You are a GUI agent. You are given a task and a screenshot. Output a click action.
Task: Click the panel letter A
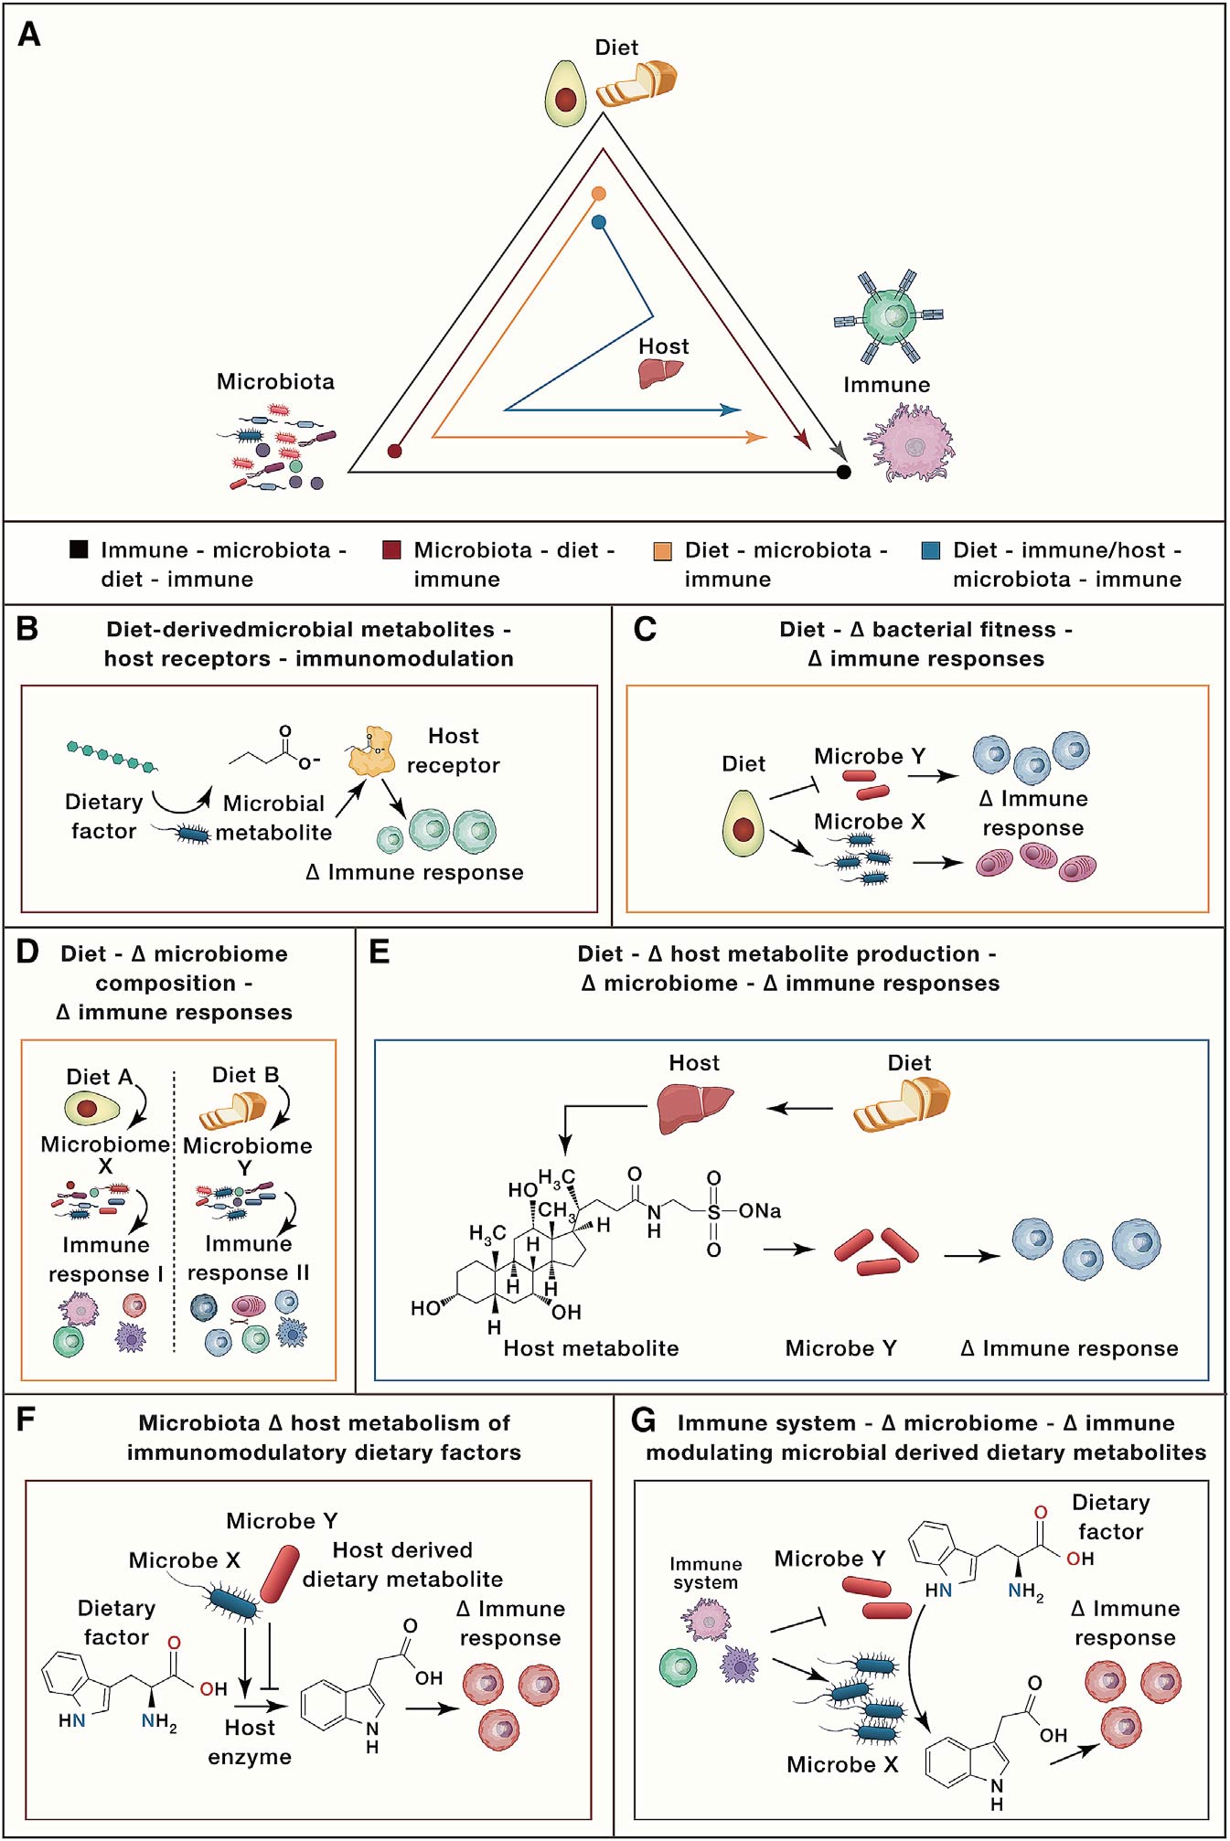[x=29, y=35]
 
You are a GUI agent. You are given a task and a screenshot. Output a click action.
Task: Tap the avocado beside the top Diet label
[x=565, y=93]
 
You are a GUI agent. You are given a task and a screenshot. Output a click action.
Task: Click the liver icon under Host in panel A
[x=660, y=372]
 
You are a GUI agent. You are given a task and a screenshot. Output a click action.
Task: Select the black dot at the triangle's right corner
[x=844, y=472]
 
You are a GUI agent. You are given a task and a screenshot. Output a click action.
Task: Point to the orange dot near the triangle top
[x=599, y=194]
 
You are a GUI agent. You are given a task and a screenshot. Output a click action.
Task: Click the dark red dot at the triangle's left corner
[x=394, y=451]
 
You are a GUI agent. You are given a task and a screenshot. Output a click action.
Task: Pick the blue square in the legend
[x=931, y=550]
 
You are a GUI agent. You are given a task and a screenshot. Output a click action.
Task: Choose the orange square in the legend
[x=663, y=550]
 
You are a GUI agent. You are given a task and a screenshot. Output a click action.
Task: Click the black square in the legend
[x=80, y=549]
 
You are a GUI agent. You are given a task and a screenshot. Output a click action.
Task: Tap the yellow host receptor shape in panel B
[x=371, y=752]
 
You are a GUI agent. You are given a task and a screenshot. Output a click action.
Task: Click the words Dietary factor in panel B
[x=103, y=816]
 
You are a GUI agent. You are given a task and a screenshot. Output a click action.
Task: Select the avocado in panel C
[x=743, y=824]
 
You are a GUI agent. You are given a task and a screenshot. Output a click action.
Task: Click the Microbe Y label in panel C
[x=870, y=756]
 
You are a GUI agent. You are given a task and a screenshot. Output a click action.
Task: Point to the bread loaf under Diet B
[x=232, y=1112]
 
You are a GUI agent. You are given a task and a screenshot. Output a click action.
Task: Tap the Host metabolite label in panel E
[x=591, y=1348]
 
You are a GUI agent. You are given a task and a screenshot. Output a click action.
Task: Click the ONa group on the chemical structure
[x=760, y=1211]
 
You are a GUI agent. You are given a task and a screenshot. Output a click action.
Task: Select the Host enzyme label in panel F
[x=250, y=1742]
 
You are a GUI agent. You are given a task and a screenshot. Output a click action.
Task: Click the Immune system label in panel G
[x=705, y=1573]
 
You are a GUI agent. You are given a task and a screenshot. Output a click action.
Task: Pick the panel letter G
[x=644, y=1421]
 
